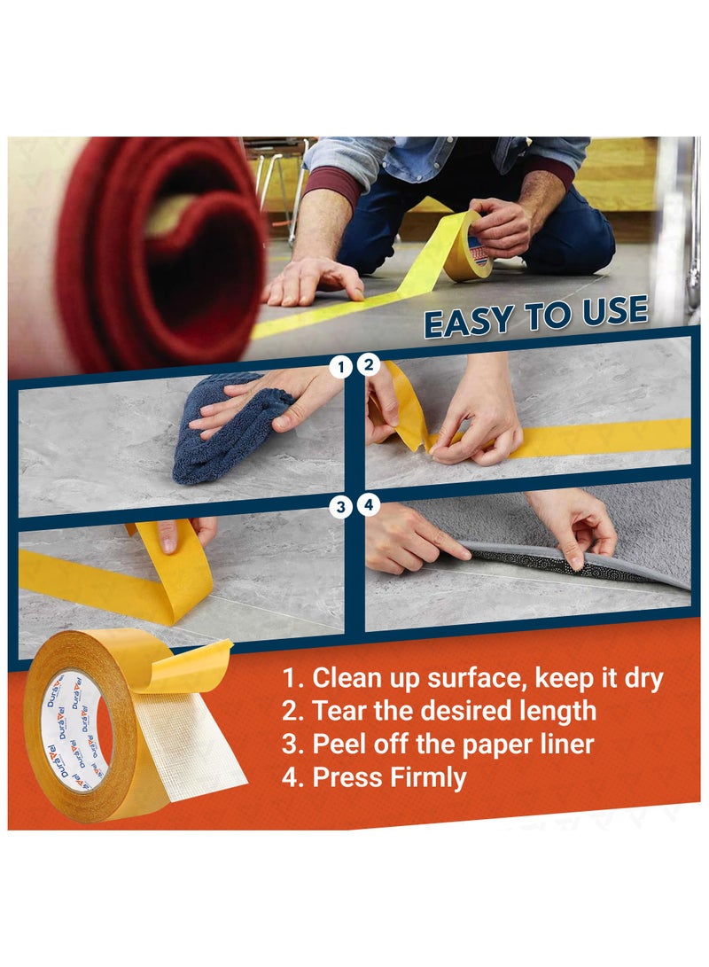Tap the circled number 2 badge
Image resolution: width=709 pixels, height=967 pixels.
pos(368,365)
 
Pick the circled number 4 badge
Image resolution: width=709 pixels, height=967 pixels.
pos(368,506)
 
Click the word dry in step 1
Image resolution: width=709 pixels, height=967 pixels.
pos(640,679)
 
